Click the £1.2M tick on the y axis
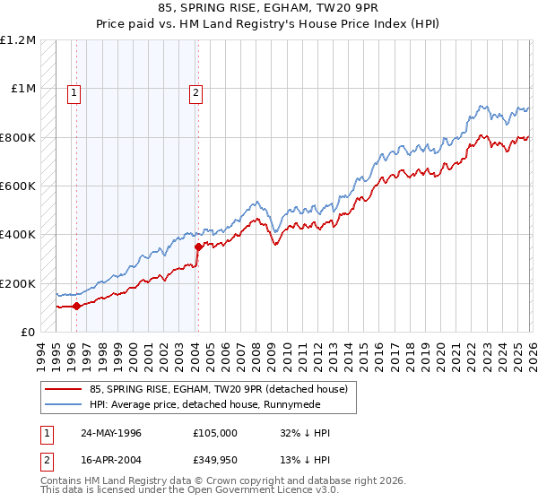pos(18,40)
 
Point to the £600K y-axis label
pos(18,186)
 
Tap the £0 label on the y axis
pos(28,332)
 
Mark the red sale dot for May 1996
pos(77,306)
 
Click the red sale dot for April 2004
pos(198,247)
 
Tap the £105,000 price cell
pos(215,433)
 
